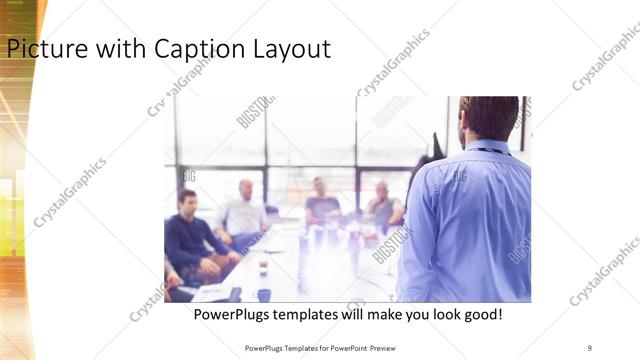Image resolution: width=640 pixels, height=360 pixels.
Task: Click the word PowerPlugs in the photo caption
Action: point(231,315)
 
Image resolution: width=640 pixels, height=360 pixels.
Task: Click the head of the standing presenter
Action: point(489,118)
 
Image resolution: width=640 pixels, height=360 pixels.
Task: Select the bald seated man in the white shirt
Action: point(244,210)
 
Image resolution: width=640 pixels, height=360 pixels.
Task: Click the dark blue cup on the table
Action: point(264,294)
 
